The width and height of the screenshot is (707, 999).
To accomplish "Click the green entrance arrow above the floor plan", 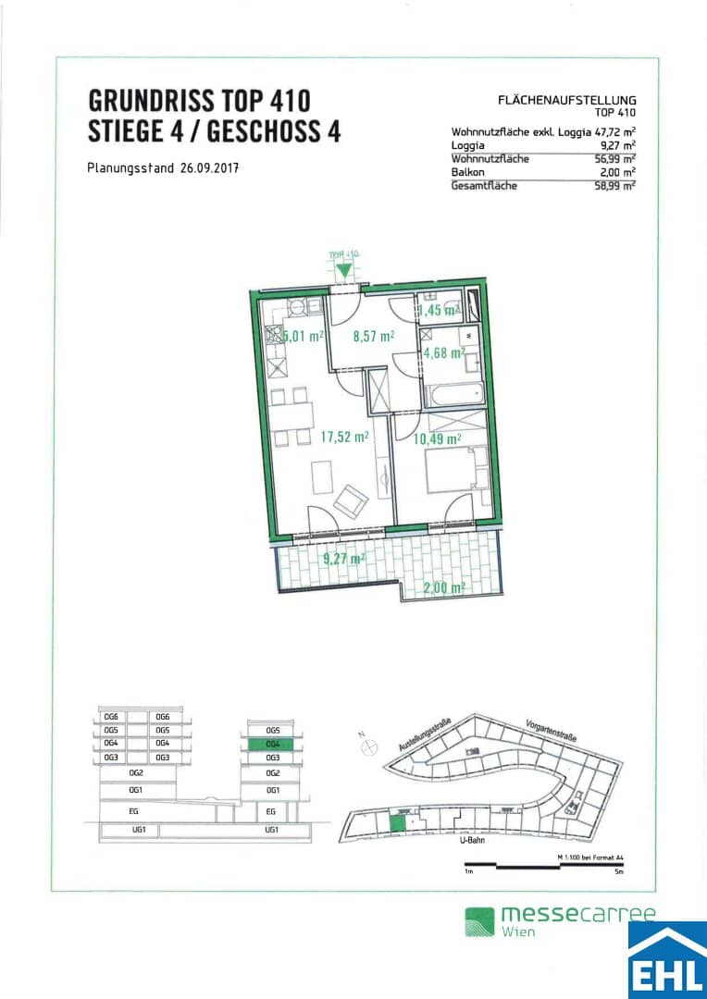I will click(344, 270).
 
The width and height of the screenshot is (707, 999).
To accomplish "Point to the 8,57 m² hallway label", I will click(375, 337).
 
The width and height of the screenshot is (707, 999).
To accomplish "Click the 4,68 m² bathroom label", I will click(442, 351).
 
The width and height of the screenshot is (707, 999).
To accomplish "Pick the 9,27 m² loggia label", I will click(342, 558).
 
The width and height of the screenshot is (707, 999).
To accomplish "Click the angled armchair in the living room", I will click(352, 500).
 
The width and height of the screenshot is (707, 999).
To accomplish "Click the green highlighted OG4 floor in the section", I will click(272, 744).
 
